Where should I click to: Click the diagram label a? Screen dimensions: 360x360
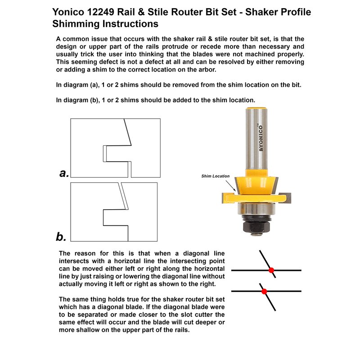64,173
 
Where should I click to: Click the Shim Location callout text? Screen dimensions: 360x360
215,176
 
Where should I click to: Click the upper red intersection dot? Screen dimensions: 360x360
271,270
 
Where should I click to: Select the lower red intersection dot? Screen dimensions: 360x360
264,291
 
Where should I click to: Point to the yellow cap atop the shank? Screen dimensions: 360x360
254,108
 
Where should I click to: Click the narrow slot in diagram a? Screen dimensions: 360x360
104,153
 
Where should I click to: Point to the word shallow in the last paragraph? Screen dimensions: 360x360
90,330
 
